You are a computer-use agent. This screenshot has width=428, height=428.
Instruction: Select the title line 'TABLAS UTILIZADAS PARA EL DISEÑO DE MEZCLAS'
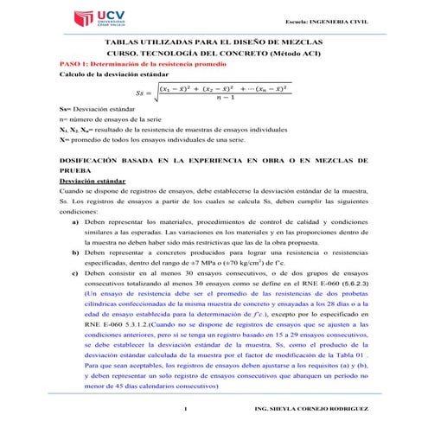coord(214,42)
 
